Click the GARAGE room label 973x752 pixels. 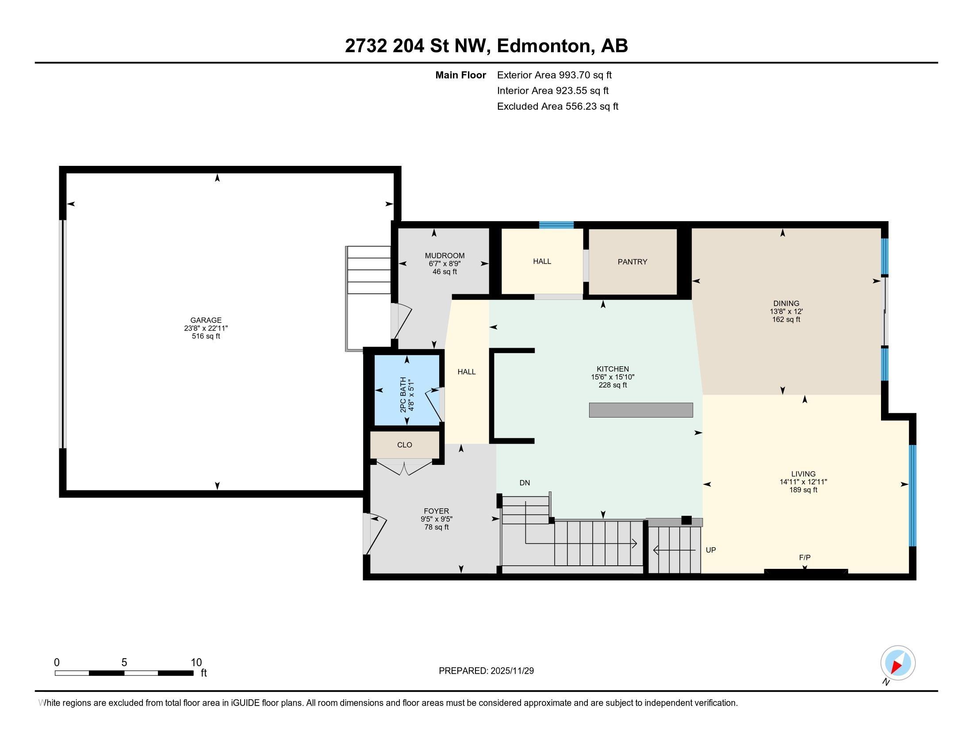pos(206,320)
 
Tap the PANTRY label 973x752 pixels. pos(632,262)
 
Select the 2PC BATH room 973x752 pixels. pos(406,390)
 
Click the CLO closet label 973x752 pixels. pos(405,445)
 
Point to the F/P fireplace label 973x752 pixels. pos(804,557)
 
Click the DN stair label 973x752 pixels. pos(525,483)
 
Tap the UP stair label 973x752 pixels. pos(711,550)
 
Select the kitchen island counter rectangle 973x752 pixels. pos(641,410)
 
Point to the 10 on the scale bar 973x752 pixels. pos(196,663)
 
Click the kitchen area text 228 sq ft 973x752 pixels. pos(613,385)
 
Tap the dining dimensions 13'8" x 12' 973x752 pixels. pos(786,312)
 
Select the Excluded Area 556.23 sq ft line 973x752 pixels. pos(557,107)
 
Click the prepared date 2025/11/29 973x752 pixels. pos(511,671)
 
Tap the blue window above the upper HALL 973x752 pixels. pos(556,225)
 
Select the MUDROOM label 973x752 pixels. pos(444,256)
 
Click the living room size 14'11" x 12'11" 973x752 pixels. pos(803,482)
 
